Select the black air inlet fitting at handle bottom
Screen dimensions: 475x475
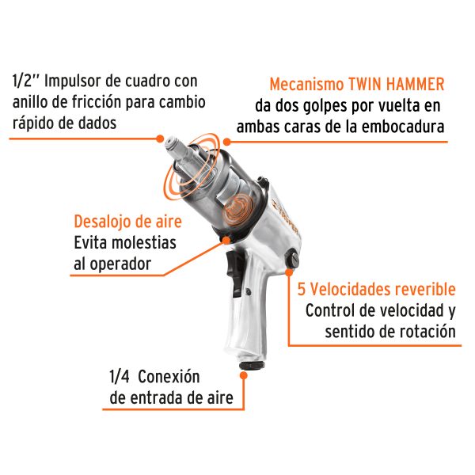(x=251, y=366)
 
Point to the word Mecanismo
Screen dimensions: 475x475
(x=308, y=84)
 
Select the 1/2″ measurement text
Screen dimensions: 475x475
(x=28, y=81)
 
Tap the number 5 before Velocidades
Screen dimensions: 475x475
(x=301, y=289)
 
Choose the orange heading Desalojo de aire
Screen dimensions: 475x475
(x=127, y=222)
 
